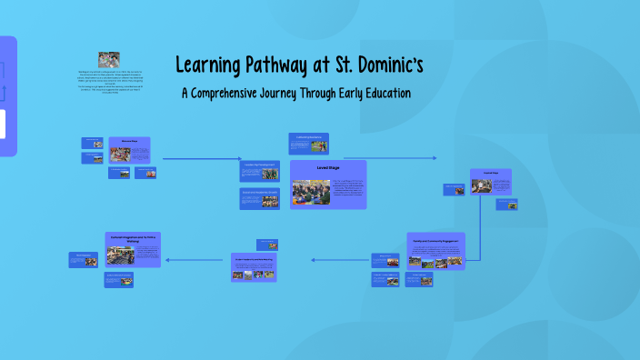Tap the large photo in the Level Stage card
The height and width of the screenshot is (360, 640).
[x=310, y=191]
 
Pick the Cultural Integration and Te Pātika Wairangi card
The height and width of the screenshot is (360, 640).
[x=133, y=249]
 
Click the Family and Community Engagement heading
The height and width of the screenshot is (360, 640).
[x=435, y=241]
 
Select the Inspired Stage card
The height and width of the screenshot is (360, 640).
[x=490, y=181]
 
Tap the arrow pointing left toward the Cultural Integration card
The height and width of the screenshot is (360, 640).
[x=195, y=260]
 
